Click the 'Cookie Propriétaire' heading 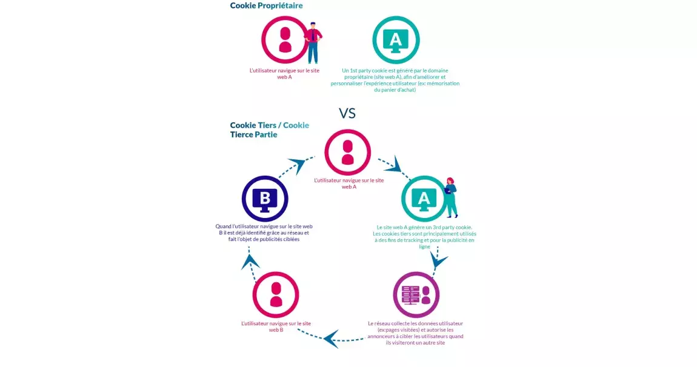[266, 6]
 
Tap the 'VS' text [347, 114]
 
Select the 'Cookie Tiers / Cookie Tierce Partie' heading [269, 130]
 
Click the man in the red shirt [313, 42]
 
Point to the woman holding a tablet [451, 197]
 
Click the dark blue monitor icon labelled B [265, 199]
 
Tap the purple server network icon [416, 295]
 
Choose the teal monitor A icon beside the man [396, 40]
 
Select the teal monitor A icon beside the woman [424, 199]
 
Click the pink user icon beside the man [284, 40]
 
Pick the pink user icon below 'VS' [348, 153]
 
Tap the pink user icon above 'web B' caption [276, 295]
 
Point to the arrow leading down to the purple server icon [438, 259]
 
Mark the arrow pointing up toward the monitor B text [251, 264]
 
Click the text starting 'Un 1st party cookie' [395, 80]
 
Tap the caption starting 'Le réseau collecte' [415, 333]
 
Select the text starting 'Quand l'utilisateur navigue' [264, 233]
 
